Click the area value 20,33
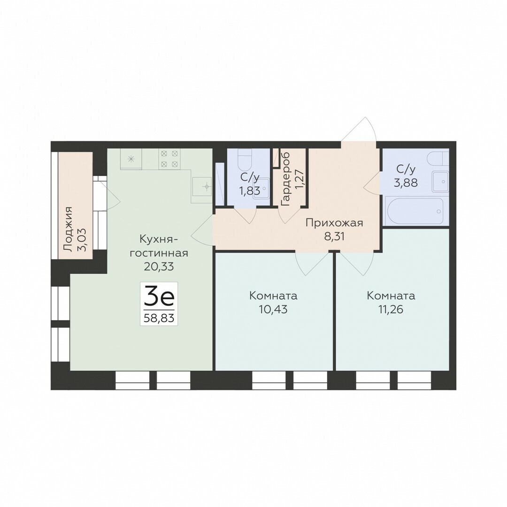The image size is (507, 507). [x=159, y=267]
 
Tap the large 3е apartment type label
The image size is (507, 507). [x=159, y=299]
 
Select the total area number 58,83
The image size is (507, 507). [x=159, y=318]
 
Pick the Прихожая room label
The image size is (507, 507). [x=334, y=223]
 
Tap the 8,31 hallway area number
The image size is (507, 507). [x=334, y=236]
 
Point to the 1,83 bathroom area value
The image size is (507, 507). [x=249, y=191]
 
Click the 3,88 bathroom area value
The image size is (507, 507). [x=406, y=183]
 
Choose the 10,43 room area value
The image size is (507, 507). [x=273, y=309]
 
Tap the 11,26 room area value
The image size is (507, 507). [x=391, y=309]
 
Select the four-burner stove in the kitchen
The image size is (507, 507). [x=169, y=159]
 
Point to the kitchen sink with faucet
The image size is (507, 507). [x=202, y=186]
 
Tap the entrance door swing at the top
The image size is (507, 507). [x=359, y=130]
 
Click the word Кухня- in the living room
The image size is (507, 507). [x=159, y=239]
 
